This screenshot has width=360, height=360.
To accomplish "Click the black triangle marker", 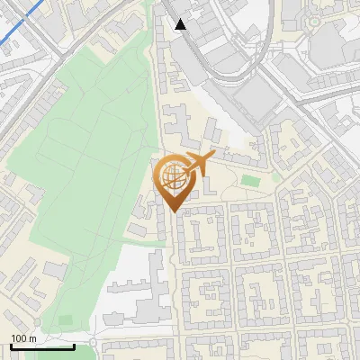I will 181,24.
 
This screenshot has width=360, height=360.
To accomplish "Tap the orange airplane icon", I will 197,164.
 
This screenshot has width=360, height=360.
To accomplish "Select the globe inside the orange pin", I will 172,175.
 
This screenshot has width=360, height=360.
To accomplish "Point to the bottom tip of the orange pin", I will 172,211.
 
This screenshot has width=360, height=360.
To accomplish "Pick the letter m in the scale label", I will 33,338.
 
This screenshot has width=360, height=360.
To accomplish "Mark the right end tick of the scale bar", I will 74,346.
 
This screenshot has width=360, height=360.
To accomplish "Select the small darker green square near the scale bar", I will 65,319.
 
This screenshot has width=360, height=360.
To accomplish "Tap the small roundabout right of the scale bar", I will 93,347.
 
